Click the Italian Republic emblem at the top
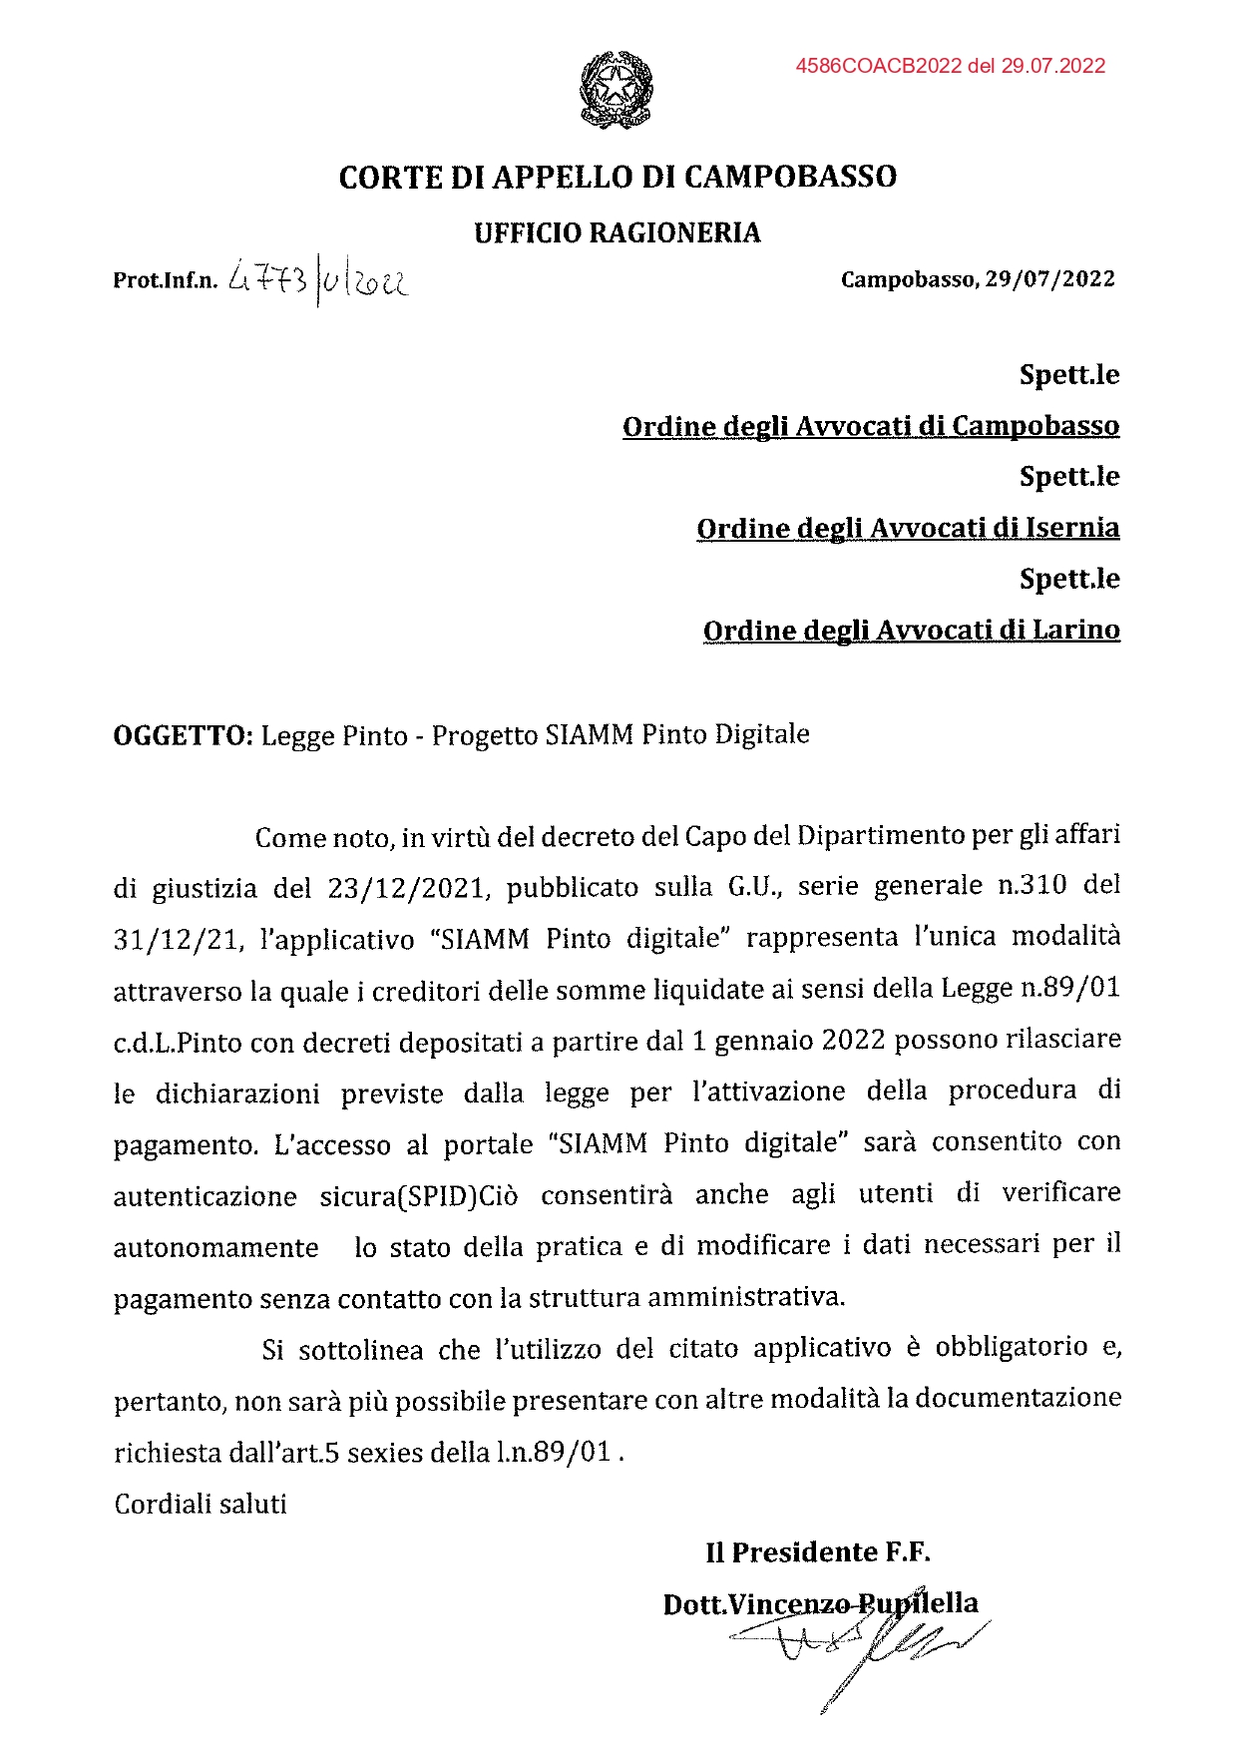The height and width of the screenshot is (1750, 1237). click(x=617, y=90)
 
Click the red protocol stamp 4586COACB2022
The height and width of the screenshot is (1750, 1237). click(x=950, y=66)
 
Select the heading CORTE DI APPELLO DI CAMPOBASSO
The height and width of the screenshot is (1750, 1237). click(x=618, y=178)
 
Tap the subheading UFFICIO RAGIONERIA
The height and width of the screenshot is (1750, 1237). click(x=617, y=233)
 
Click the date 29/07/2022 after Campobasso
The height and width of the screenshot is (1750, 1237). click(x=1049, y=279)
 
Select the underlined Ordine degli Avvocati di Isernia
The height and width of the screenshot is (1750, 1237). click(x=908, y=528)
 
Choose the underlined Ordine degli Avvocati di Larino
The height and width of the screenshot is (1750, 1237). click(x=911, y=631)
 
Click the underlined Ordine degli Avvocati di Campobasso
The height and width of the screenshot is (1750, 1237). click(x=870, y=426)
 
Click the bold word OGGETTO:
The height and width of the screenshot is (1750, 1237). click(x=184, y=736)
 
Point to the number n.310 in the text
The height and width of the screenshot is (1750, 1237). click(x=1032, y=885)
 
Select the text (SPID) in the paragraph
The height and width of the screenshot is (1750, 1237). click(x=437, y=1195)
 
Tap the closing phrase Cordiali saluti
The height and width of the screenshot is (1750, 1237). click(x=201, y=1504)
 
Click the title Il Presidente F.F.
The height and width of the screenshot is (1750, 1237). click(x=817, y=1552)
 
